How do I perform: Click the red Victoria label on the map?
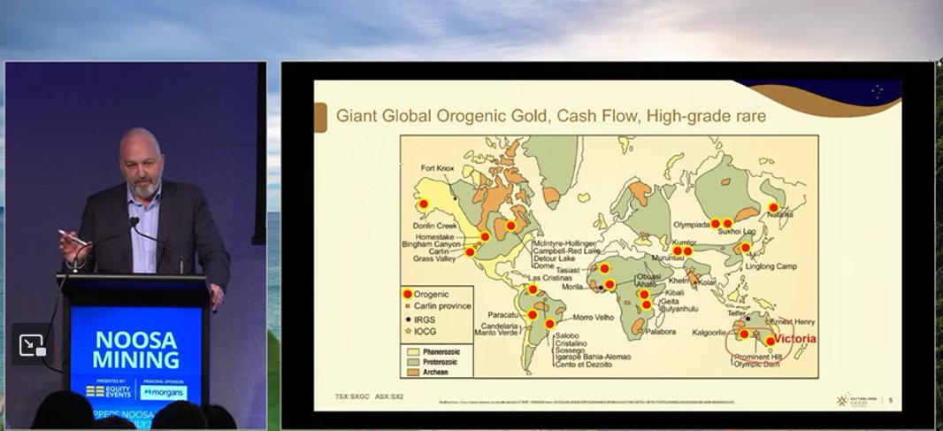794,338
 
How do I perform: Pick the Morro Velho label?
594,317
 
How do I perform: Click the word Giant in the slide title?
356,116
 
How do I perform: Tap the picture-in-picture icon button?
32,345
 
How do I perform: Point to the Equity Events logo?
109,390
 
